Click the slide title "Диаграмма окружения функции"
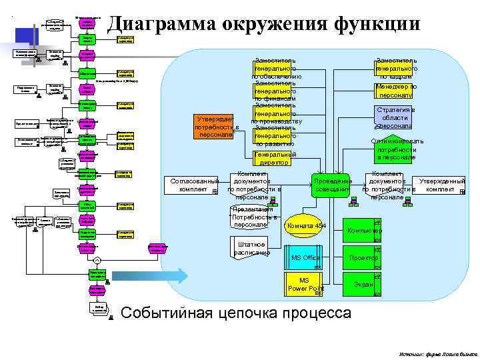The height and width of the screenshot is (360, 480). (x=263, y=23)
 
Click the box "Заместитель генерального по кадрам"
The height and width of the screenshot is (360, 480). (x=397, y=68)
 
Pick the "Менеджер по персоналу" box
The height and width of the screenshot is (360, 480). (x=397, y=91)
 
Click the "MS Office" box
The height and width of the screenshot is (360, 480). (x=305, y=258)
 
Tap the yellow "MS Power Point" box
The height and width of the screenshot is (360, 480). (x=305, y=284)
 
